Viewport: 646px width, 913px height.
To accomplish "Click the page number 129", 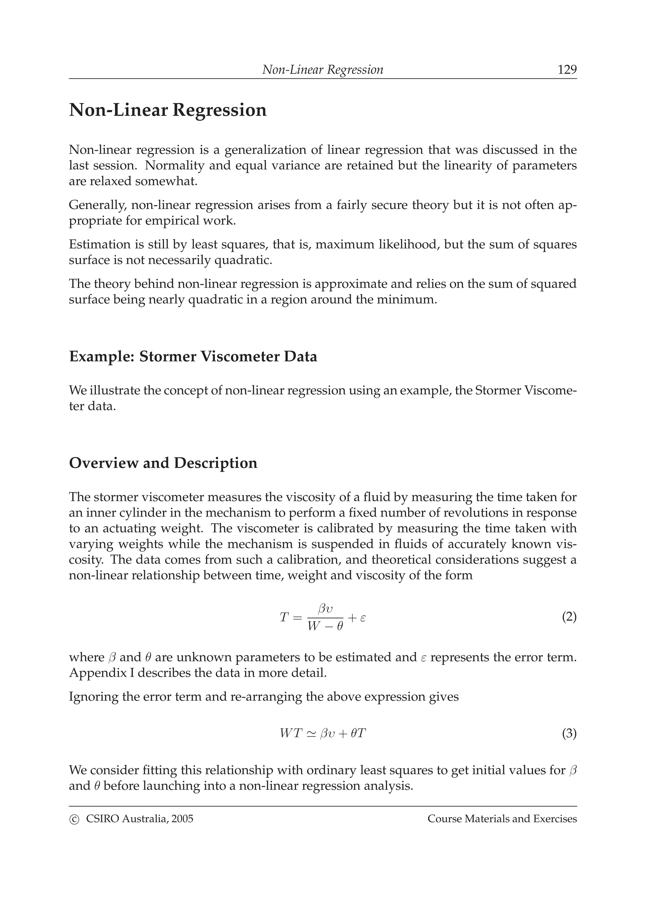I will point(567,70).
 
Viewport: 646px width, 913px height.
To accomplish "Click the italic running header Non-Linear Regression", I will point(322,70).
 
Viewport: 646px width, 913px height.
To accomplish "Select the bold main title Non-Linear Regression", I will point(167,110).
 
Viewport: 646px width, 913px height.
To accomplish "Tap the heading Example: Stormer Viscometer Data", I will point(193,357).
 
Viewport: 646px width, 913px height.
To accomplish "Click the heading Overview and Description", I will point(163,463).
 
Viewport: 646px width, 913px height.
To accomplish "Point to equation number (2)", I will point(569,617).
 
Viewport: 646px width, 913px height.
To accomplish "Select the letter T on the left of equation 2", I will point(283,617).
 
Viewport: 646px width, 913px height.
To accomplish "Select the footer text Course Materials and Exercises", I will point(502,819).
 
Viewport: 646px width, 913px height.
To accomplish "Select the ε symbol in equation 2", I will point(363,617).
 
